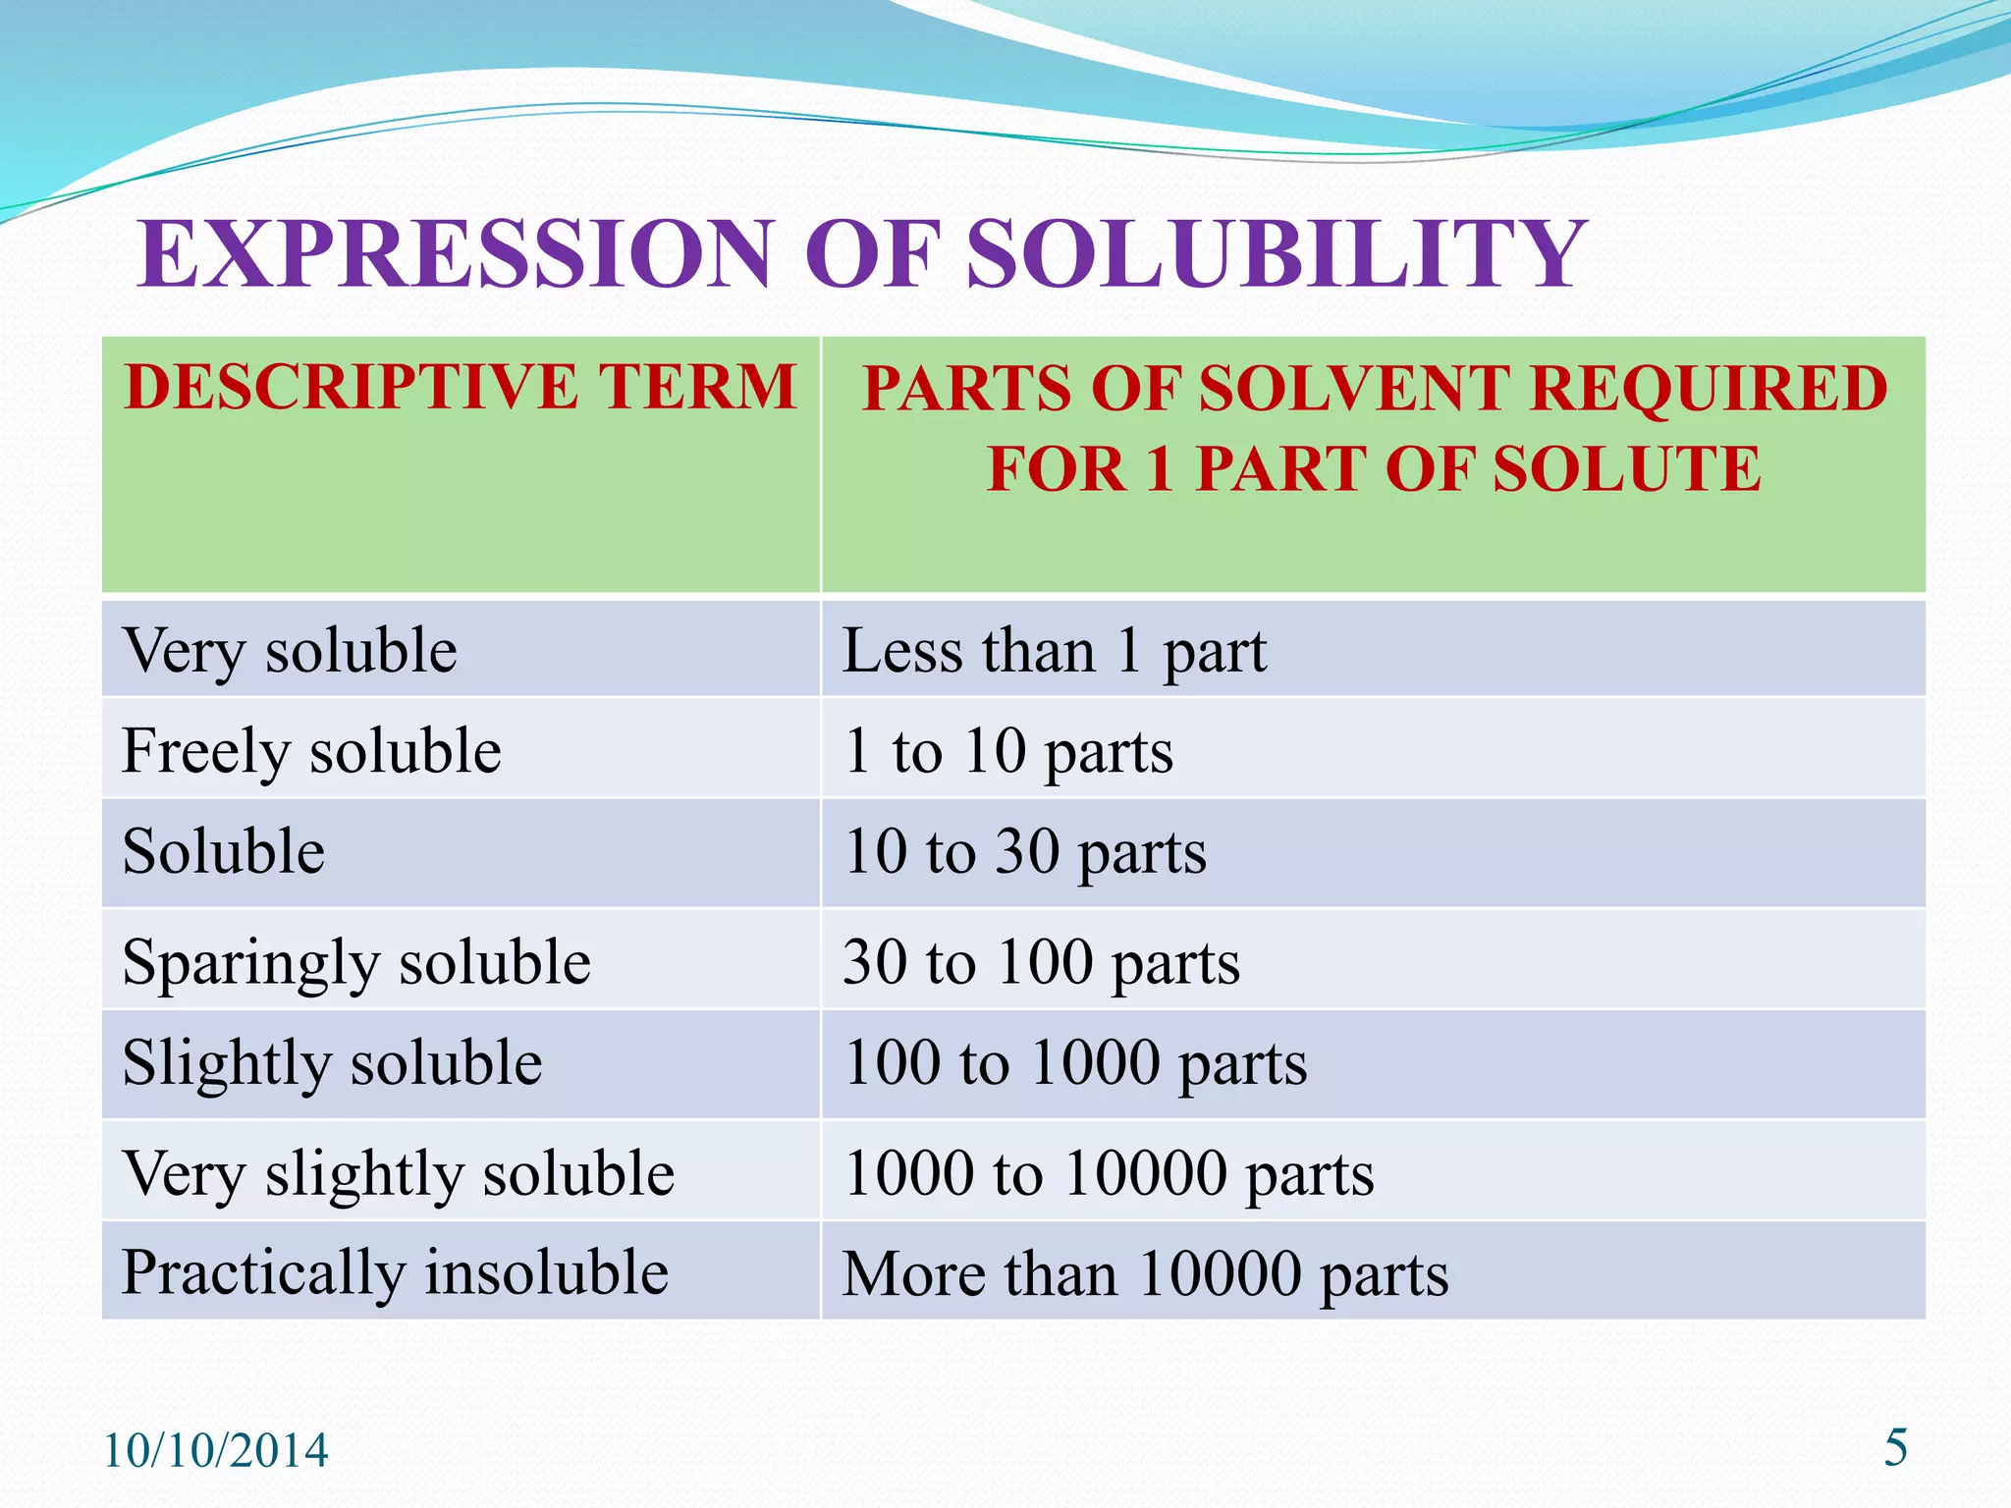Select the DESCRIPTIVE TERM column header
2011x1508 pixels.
coord(461,387)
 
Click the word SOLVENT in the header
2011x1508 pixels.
coord(1355,389)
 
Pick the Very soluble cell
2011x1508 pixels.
coord(290,650)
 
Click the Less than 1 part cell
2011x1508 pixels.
coord(1055,650)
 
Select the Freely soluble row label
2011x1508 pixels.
coord(311,751)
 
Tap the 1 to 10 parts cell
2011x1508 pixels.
coord(1008,751)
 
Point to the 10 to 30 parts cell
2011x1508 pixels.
coord(1025,851)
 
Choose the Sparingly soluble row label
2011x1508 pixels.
coord(356,962)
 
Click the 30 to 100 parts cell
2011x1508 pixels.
coord(1042,962)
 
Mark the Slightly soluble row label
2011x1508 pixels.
coord(332,1063)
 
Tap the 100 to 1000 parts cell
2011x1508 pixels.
coord(1075,1063)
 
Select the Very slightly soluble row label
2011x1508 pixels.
coord(398,1173)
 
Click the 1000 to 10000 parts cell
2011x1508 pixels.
coord(1109,1173)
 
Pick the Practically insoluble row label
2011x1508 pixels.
coord(395,1273)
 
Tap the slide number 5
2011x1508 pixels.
coord(1895,1448)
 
